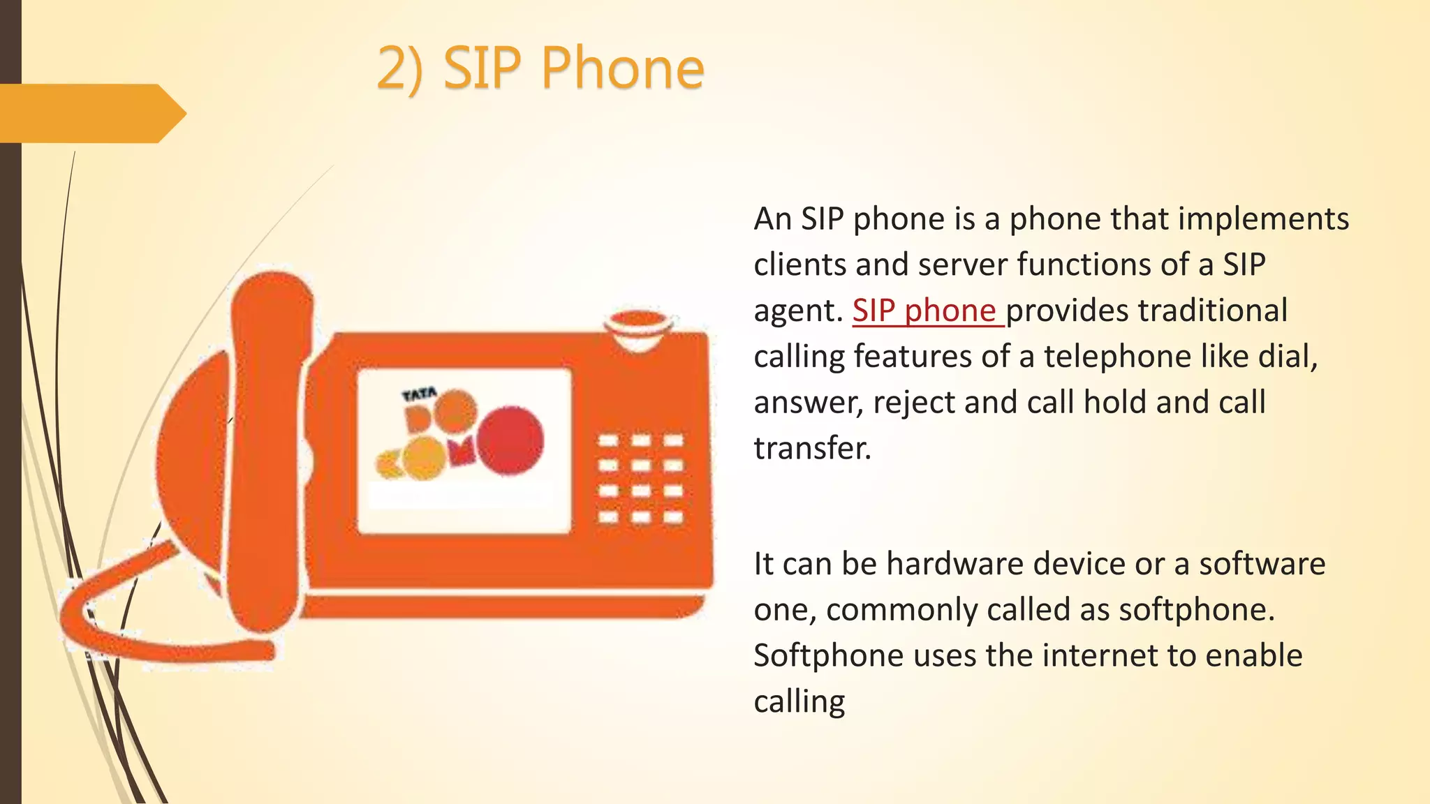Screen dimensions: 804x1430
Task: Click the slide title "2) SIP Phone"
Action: [x=540, y=68]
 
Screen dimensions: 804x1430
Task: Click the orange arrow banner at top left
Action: [x=91, y=113]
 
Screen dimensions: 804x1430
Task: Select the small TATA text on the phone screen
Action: [x=419, y=395]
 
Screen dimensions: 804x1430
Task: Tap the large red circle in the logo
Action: [x=510, y=440]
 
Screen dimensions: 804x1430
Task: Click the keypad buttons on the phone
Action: [x=640, y=479]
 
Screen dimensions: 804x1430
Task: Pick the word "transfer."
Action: [x=813, y=448]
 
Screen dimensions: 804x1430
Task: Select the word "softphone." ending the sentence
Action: [x=1197, y=610]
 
